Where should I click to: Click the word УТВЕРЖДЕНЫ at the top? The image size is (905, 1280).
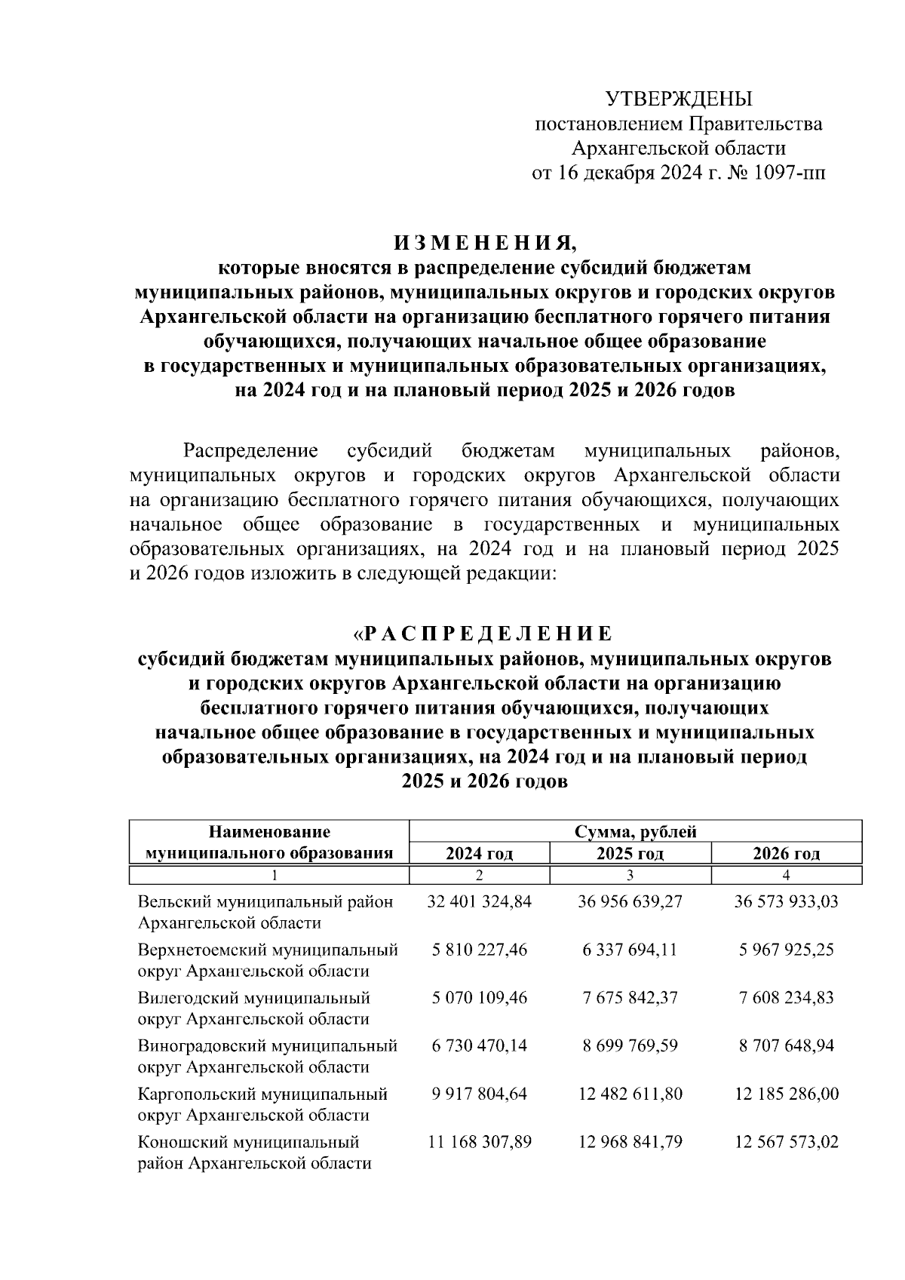[x=679, y=99]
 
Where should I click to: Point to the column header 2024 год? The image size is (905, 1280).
[x=479, y=854]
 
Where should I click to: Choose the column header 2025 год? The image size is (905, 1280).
[x=630, y=854]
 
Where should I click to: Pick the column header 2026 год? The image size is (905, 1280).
[x=787, y=854]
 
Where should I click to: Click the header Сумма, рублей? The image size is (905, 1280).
[x=635, y=832]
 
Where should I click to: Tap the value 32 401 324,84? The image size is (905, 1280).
[x=479, y=901]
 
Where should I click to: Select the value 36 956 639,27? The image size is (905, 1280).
[x=630, y=901]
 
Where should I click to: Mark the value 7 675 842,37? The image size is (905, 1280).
[x=630, y=998]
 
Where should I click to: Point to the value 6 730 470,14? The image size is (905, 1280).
[x=479, y=1046]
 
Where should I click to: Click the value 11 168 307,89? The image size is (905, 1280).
[x=479, y=1142]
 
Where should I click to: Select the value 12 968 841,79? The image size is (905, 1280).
[x=630, y=1142]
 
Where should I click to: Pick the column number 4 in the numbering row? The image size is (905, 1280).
[x=787, y=875]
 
